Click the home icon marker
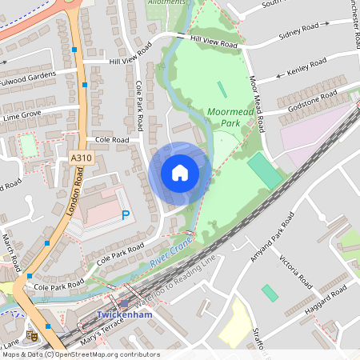pyautogui.click(x=180, y=173)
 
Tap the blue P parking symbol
pyautogui.click(x=125, y=214)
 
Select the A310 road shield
pyautogui.click(x=81, y=158)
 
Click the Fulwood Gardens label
pyautogui.click(x=29, y=78)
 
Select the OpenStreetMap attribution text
pyautogui.click(x=80, y=354)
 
